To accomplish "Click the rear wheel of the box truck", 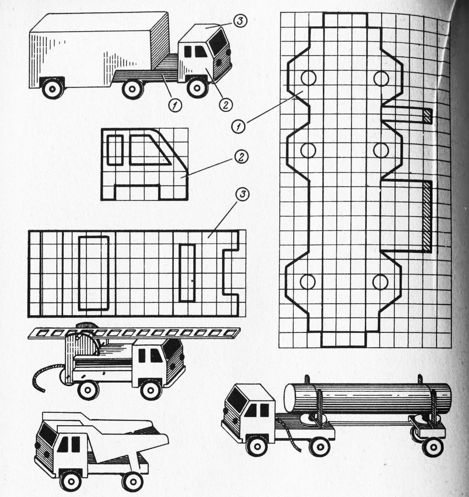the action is (x=53, y=89).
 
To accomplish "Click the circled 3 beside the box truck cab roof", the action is (x=240, y=21).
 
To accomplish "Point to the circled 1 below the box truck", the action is (x=175, y=105).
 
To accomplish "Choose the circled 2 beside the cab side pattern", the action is (x=241, y=157).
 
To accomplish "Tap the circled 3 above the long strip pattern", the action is (x=243, y=194).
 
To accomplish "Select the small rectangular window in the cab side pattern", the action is (x=115, y=150).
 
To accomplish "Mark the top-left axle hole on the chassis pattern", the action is (x=308, y=77).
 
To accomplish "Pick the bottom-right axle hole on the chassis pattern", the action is (x=380, y=282).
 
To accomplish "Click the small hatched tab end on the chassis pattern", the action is (x=427, y=116).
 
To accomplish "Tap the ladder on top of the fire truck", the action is (x=134, y=333).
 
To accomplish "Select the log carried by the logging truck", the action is (x=367, y=398).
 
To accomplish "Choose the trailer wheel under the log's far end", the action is (x=432, y=447).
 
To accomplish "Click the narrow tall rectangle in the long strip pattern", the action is (x=187, y=273).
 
